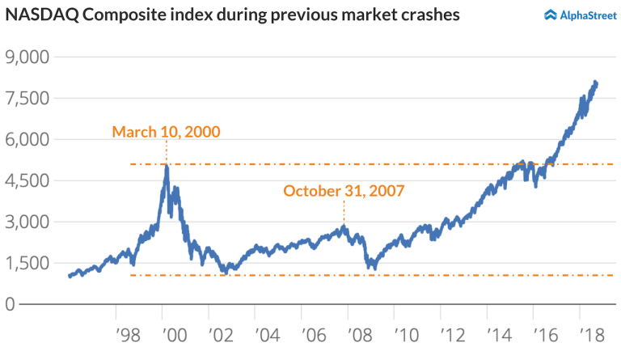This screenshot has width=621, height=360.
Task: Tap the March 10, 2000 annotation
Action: pyautogui.click(x=166, y=131)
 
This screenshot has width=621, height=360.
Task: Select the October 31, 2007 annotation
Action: pyautogui.click(x=343, y=191)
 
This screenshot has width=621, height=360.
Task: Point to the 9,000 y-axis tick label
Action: pyautogui.click(x=27, y=57)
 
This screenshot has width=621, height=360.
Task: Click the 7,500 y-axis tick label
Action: pyautogui.click(x=27, y=99)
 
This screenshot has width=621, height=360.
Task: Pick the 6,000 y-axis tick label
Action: pyautogui.click(x=27, y=140)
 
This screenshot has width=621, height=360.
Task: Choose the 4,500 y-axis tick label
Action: pyautogui.click(x=27, y=180)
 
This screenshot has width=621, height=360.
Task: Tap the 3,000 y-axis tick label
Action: pyautogui.click(x=27, y=222)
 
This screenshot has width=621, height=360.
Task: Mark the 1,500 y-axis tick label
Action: pyautogui.click(x=27, y=263)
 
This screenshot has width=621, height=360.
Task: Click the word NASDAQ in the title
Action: pyautogui.click(x=40, y=15)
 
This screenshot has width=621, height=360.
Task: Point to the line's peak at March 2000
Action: pyautogui.click(x=167, y=166)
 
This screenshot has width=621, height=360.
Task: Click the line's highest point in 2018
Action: pyautogui.click(x=596, y=82)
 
